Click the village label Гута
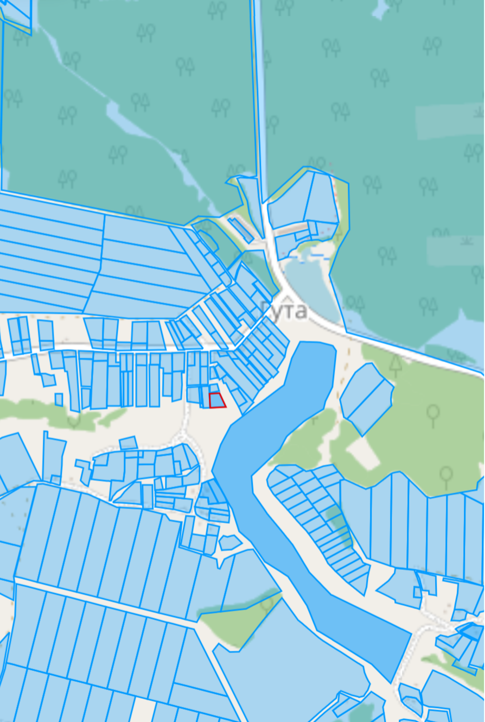point(284,311)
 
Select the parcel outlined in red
point(216,400)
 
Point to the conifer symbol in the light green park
point(395,364)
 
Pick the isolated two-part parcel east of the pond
point(366,398)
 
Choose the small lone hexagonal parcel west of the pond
point(229,542)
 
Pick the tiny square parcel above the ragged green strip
point(59,399)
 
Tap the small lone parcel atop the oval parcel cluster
point(128,443)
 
